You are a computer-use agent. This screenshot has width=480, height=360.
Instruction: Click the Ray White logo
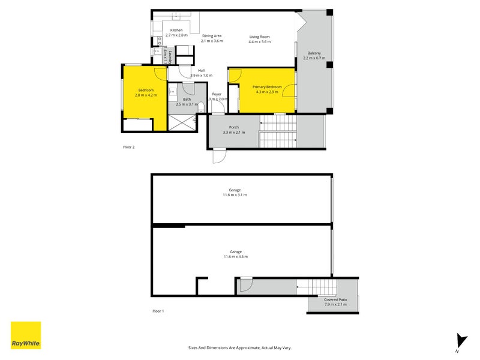coord(26,335)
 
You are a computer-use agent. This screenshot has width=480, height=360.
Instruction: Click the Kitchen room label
coord(176,32)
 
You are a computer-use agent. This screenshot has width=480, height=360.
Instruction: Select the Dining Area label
coord(212,38)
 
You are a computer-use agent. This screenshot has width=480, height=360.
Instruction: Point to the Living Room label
coord(260,39)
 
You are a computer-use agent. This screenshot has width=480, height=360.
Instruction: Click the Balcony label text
coord(314,56)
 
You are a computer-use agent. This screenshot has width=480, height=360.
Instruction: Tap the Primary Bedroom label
coord(267,89)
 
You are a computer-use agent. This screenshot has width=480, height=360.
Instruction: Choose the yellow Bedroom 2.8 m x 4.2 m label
coord(145,92)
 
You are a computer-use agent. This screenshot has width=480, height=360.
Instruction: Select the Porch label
coord(233,130)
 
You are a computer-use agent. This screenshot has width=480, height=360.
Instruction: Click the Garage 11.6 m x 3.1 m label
coord(235,193)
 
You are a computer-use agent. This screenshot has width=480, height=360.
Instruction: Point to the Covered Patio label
coord(335,302)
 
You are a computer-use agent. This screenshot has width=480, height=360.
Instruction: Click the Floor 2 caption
coord(128,147)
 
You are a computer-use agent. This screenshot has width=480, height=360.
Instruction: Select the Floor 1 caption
coord(158,311)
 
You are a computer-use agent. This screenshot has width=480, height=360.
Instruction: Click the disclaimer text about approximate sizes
coord(239,347)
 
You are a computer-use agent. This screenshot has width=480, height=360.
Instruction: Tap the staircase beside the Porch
coord(278,131)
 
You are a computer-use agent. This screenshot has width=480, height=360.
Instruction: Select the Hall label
coord(201,73)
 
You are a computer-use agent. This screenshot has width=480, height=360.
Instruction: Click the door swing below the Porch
coord(220,155)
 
